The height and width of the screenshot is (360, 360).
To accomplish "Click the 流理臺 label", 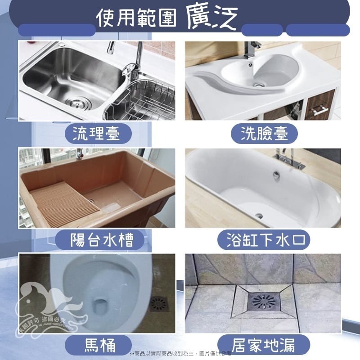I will click(x=96, y=133).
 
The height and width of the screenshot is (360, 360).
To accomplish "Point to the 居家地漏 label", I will click(x=263, y=346).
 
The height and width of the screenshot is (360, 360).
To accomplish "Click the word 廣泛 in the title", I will click(x=211, y=17).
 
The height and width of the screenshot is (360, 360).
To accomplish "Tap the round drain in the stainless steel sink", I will click(x=78, y=102).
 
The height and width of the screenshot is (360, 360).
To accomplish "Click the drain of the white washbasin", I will click(x=258, y=84).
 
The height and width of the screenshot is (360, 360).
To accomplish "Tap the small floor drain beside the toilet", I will click(x=159, y=304).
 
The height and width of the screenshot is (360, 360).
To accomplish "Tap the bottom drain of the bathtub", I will click(x=259, y=216).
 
